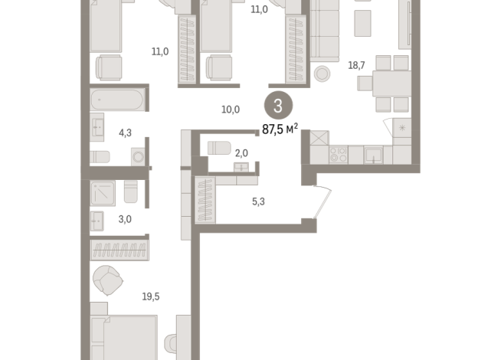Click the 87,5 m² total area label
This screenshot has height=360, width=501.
[x=280, y=129]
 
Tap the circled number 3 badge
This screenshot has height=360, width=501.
[x=277, y=106]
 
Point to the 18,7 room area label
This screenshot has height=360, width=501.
[x=357, y=65]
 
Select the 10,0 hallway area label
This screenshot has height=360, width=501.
[x=231, y=110]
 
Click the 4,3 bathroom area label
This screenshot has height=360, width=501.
[x=125, y=133]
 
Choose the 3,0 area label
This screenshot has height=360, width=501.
[x=124, y=219]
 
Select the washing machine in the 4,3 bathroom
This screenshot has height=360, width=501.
[x=139, y=157]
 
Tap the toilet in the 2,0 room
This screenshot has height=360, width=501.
[x=219, y=147]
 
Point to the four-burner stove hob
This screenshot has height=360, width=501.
[x=338, y=155]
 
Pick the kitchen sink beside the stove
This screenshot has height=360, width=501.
[x=373, y=155]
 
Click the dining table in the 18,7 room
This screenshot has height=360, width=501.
[x=382, y=82]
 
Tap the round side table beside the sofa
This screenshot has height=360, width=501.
[x=322, y=74]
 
